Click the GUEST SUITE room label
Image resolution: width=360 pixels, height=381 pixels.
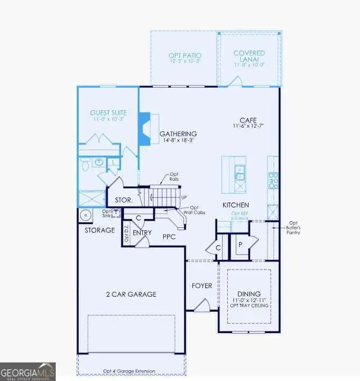click(x=109, y=113)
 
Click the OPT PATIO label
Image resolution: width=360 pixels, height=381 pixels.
click(x=184, y=55)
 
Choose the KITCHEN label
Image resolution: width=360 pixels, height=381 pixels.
click(x=235, y=205)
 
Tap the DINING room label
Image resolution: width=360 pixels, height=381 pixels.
click(x=249, y=294)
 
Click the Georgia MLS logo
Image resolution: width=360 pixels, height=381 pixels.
click(x=28, y=371)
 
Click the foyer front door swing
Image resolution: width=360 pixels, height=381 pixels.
click(x=201, y=306)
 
